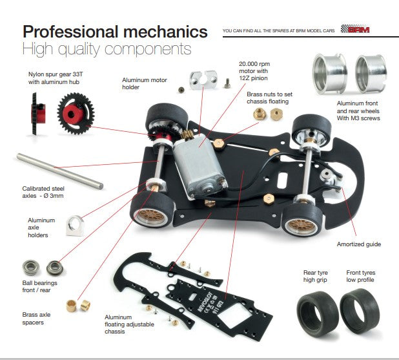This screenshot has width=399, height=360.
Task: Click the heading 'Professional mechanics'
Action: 115,31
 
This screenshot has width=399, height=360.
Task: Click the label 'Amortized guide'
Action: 358,244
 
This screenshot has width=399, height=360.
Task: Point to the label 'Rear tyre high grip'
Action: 316,275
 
